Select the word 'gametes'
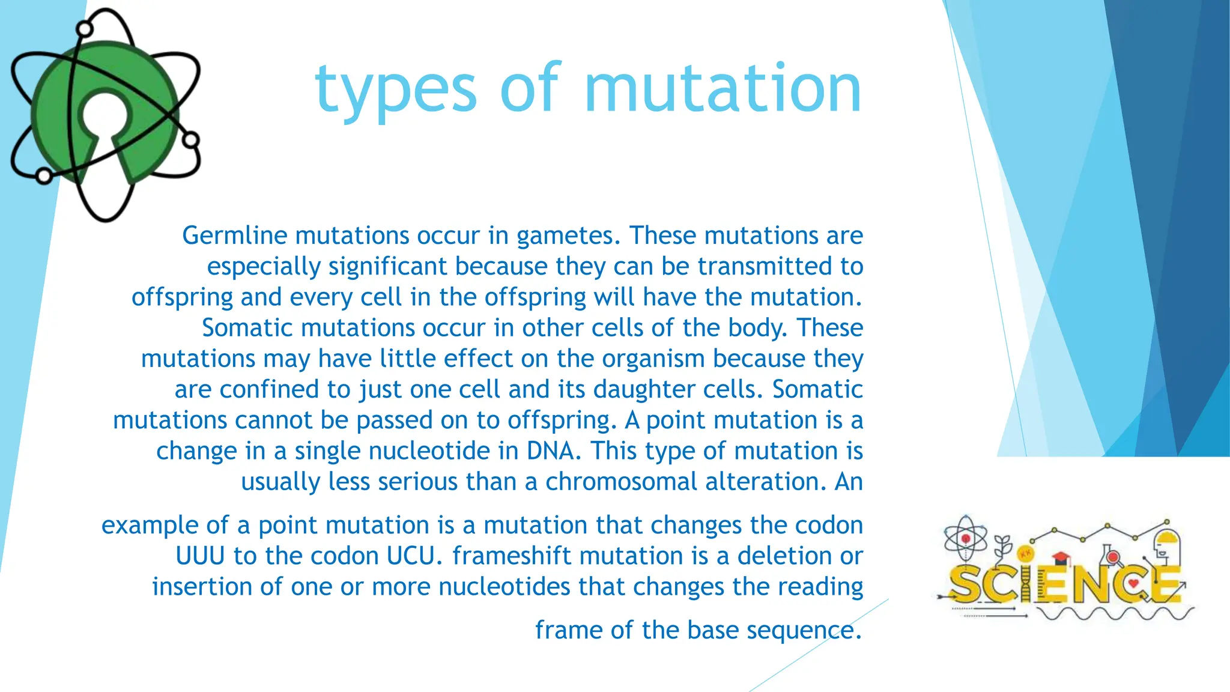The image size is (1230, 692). tap(568, 236)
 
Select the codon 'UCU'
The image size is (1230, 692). tap(414, 556)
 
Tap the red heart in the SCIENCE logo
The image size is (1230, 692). tap(1133, 583)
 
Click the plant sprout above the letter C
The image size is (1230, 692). tap(1003, 547)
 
